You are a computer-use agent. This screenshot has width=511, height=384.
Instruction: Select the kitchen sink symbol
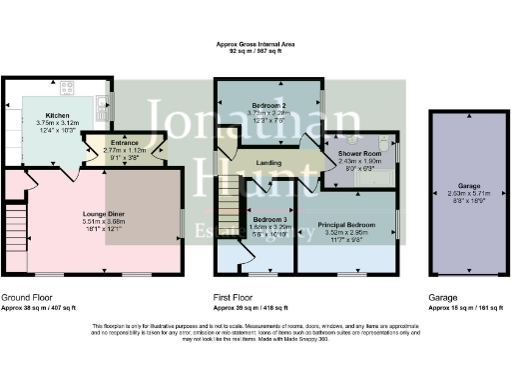[104, 101]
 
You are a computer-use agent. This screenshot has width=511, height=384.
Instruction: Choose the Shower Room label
[354, 153]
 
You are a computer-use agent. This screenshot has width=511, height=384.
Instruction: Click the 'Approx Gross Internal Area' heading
[257, 43]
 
